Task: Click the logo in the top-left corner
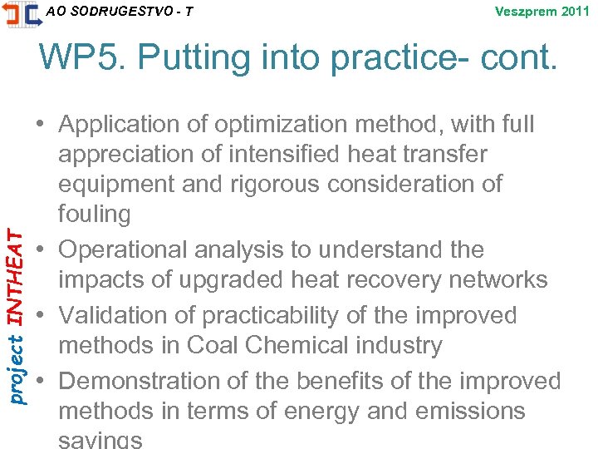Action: [21, 14]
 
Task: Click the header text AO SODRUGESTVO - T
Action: [120, 11]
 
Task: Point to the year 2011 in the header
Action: [574, 12]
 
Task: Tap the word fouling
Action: [95, 214]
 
